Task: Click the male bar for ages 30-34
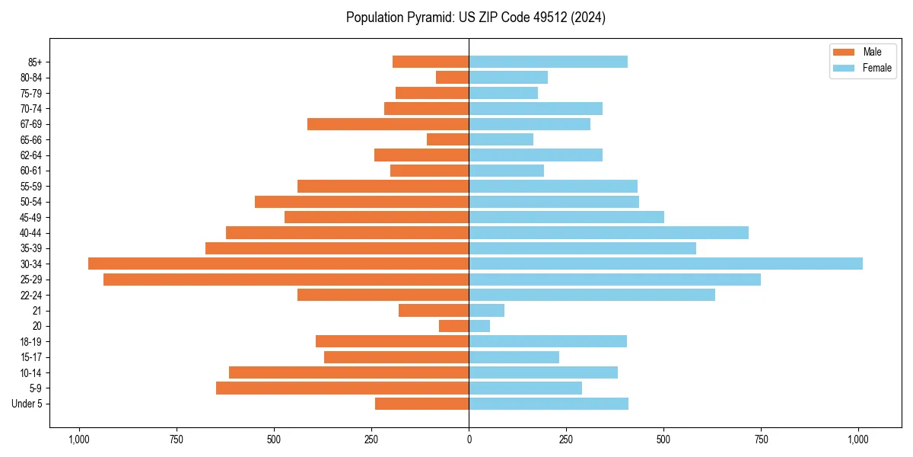278,264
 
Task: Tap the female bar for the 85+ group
548,62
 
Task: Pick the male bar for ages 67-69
388,124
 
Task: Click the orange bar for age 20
453,326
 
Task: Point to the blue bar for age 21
487,310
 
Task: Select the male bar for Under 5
422,404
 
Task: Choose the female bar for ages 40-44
609,232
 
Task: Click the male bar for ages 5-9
342,388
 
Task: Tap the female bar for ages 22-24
592,295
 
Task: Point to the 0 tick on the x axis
469,439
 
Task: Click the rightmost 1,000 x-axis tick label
859,439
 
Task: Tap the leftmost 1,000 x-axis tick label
78,439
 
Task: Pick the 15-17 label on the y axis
31,357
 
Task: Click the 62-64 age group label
31,155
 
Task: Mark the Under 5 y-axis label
27,404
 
